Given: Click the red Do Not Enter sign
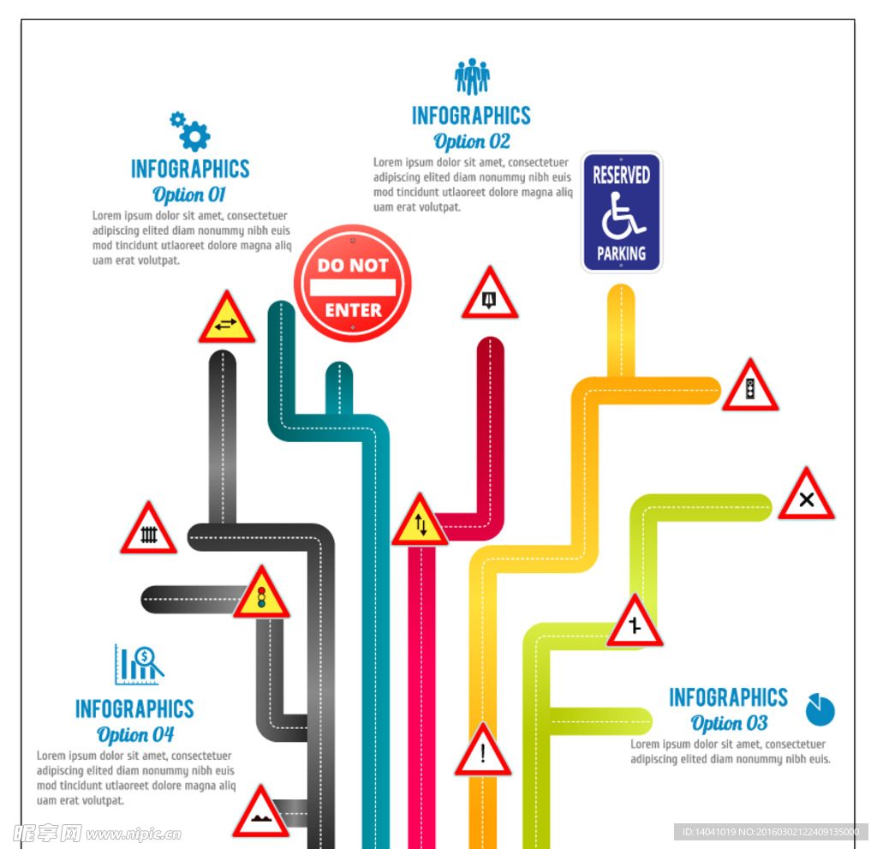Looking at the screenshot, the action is (352, 284).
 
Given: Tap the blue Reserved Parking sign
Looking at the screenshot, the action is (622, 212).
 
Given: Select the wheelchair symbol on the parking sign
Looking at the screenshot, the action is (623, 216).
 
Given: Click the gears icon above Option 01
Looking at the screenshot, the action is (190, 132).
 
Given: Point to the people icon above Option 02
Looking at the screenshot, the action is (472, 76).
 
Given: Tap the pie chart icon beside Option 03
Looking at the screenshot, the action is (820, 709).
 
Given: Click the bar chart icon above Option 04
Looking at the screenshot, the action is (140, 664).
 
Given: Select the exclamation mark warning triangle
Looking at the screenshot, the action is (483, 751).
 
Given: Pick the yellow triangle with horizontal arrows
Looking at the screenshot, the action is (226, 319).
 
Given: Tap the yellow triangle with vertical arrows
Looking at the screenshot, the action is (420, 522).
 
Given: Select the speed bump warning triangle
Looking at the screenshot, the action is (260, 814).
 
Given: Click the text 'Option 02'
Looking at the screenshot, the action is (472, 141).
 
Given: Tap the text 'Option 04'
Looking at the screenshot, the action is (134, 734).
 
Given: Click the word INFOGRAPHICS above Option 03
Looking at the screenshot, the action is (728, 697).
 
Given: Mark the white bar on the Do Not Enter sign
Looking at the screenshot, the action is (353, 287).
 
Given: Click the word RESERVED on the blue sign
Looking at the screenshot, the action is (622, 175).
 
